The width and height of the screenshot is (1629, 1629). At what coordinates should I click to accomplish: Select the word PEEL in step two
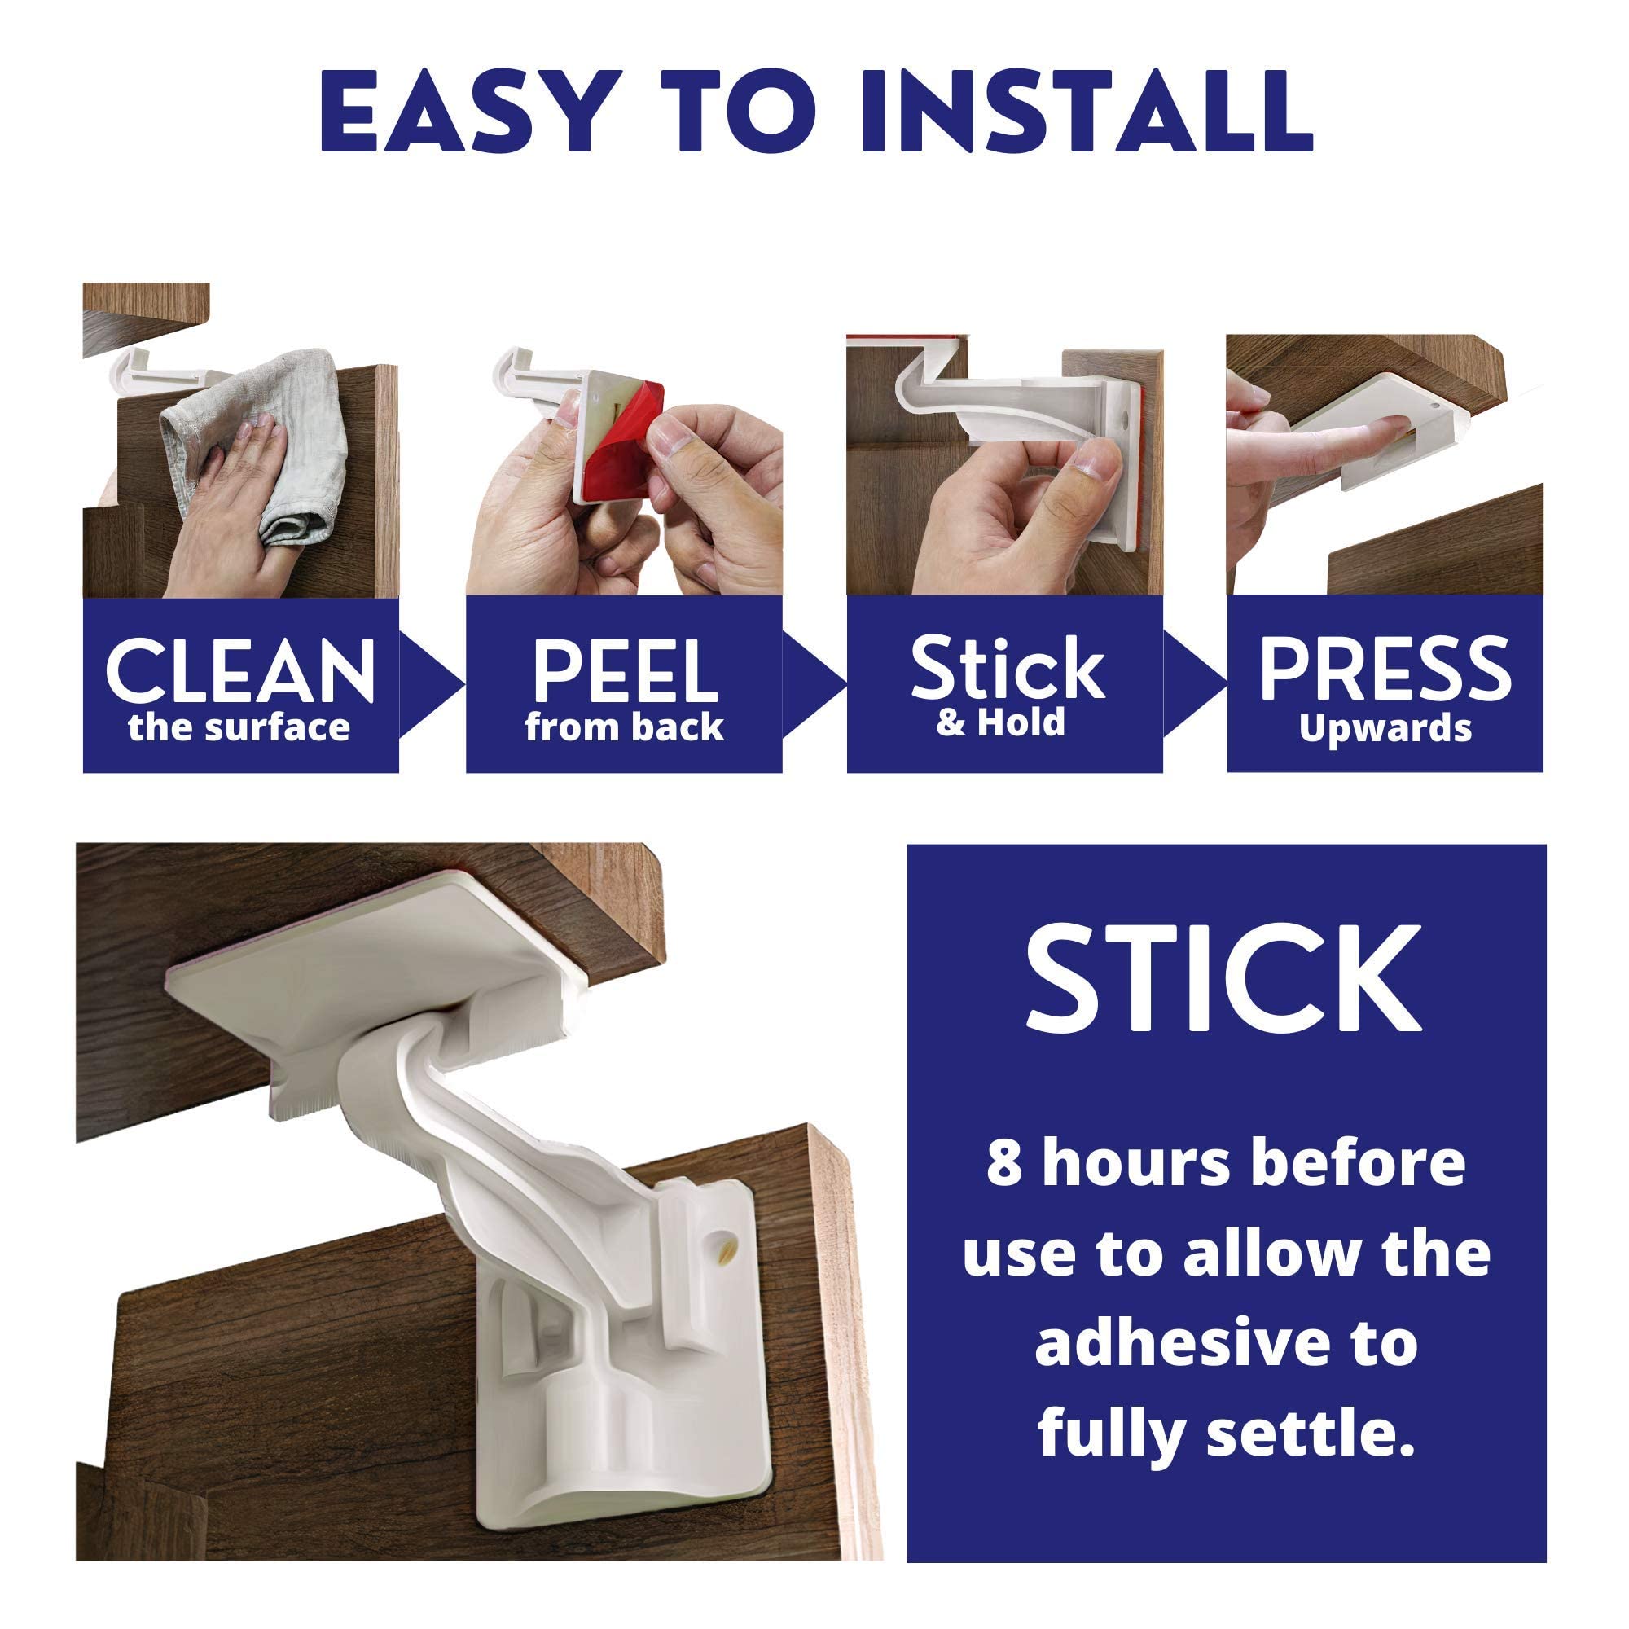625,670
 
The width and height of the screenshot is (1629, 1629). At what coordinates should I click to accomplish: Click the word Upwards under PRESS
1385,728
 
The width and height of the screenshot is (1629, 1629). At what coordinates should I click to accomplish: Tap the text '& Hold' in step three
1001,722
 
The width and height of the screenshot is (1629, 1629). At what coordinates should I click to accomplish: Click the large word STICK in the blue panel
1224,979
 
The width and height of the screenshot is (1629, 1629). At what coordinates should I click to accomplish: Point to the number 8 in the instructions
1003,1165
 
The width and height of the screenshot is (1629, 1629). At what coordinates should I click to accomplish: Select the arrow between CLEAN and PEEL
432,684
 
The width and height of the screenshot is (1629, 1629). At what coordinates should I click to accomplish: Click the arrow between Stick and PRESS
1195,684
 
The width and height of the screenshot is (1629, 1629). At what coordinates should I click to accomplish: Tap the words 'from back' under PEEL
624,727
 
